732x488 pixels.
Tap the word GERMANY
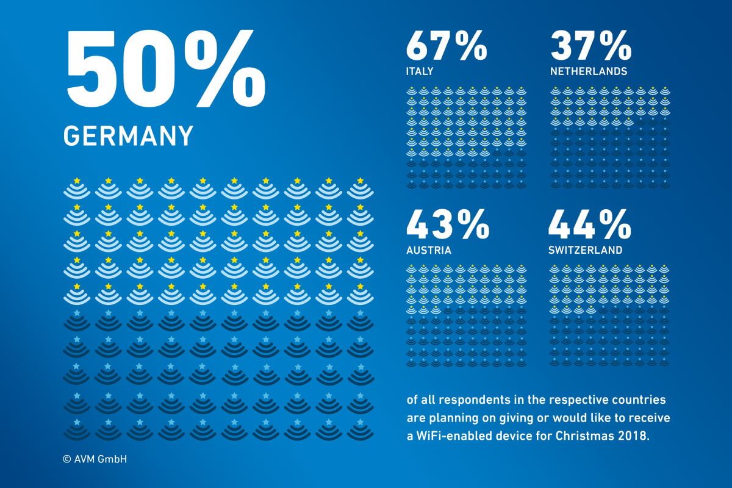pyautogui.click(x=128, y=135)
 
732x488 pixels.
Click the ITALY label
pyautogui.click(x=420, y=71)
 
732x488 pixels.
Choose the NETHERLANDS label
pyautogui.click(x=589, y=71)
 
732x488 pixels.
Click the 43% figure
pyautogui.click(x=448, y=224)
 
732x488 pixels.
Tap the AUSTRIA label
pyautogui.click(x=429, y=250)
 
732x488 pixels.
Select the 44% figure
pyautogui.click(x=589, y=224)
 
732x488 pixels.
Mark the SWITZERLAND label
pyautogui.click(x=585, y=250)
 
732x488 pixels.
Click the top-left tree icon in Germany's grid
pyautogui.click(x=77, y=188)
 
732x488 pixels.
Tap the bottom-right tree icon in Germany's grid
pyautogui.click(x=361, y=429)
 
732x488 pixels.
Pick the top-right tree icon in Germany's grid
pyautogui.click(x=361, y=188)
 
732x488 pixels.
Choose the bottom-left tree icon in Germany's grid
pyautogui.click(x=77, y=429)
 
